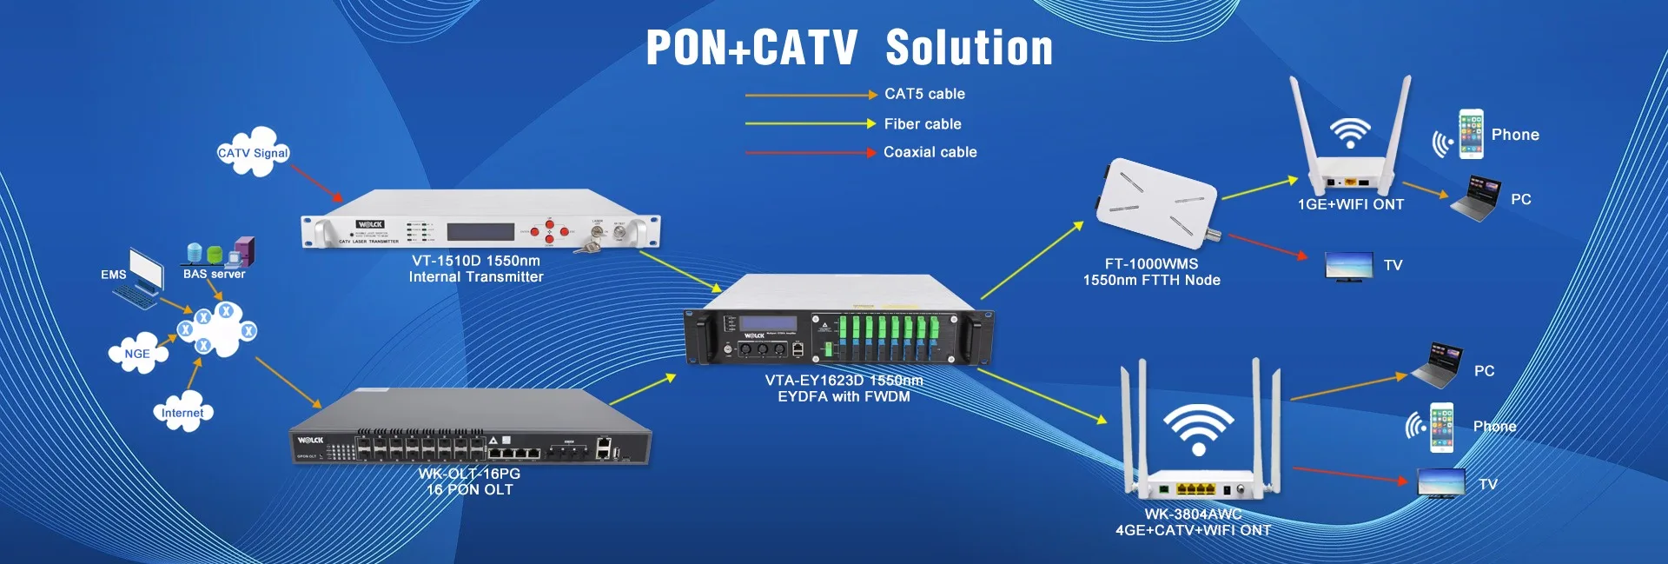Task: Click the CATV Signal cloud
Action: tap(253, 152)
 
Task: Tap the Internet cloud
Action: tap(182, 413)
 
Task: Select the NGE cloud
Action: tap(137, 354)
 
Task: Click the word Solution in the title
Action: tap(969, 48)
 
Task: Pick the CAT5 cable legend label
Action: tap(924, 94)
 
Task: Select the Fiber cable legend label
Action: tap(923, 124)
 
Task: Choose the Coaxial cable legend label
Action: tap(930, 152)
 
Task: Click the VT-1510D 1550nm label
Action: tap(476, 261)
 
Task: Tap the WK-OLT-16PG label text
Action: tap(469, 474)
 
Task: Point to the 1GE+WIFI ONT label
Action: tap(1350, 204)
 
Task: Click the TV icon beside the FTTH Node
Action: tap(1348, 266)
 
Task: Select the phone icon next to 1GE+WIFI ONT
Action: tap(1471, 134)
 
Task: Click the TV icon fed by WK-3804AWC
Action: tap(1441, 482)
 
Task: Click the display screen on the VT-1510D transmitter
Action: tap(480, 232)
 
